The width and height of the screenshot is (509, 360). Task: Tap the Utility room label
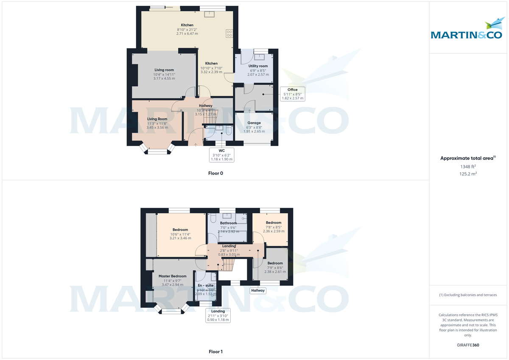pos(258,66)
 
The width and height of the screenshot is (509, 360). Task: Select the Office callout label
pos(292,90)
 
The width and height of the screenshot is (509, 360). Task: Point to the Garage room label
pos(254,123)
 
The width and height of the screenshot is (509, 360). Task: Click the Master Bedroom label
pos(172,276)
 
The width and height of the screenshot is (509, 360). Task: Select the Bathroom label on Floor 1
pos(228,223)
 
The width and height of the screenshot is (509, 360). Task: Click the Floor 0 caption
pos(215,173)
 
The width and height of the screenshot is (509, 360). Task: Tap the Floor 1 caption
pos(215,352)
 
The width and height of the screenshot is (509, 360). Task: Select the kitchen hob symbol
pos(229,33)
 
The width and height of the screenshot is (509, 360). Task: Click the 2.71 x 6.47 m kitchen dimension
pos(187,33)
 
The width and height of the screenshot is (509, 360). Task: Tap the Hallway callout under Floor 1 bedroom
pos(257,290)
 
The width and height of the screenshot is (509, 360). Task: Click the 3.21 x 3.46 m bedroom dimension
pos(180,238)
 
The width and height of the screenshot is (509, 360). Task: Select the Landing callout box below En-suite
pos(218,315)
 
